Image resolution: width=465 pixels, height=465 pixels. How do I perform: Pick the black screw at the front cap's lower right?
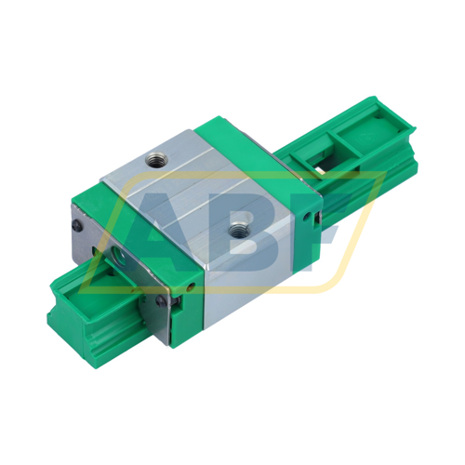[x=164, y=299]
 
